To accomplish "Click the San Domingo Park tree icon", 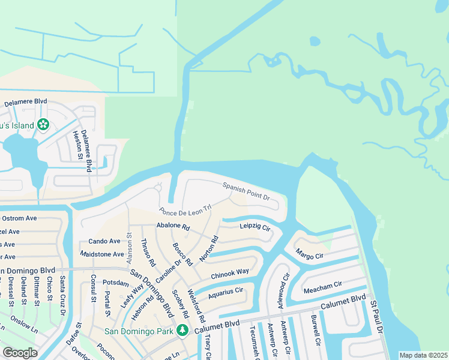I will point(181,330).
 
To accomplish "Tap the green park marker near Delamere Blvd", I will point(43,125).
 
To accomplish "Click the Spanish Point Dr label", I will point(247,191).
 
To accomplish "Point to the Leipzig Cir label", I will point(256,227).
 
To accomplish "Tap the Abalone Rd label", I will point(173,227).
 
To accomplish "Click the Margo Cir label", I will point(310,255).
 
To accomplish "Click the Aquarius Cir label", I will point(226,294).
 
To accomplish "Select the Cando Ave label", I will point(104,241).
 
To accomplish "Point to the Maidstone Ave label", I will point(103,254).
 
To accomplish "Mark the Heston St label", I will point(77,146).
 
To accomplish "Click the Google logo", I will point(20,353).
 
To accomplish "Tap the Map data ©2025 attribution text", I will point(423,355).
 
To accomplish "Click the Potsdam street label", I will point(116,282).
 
